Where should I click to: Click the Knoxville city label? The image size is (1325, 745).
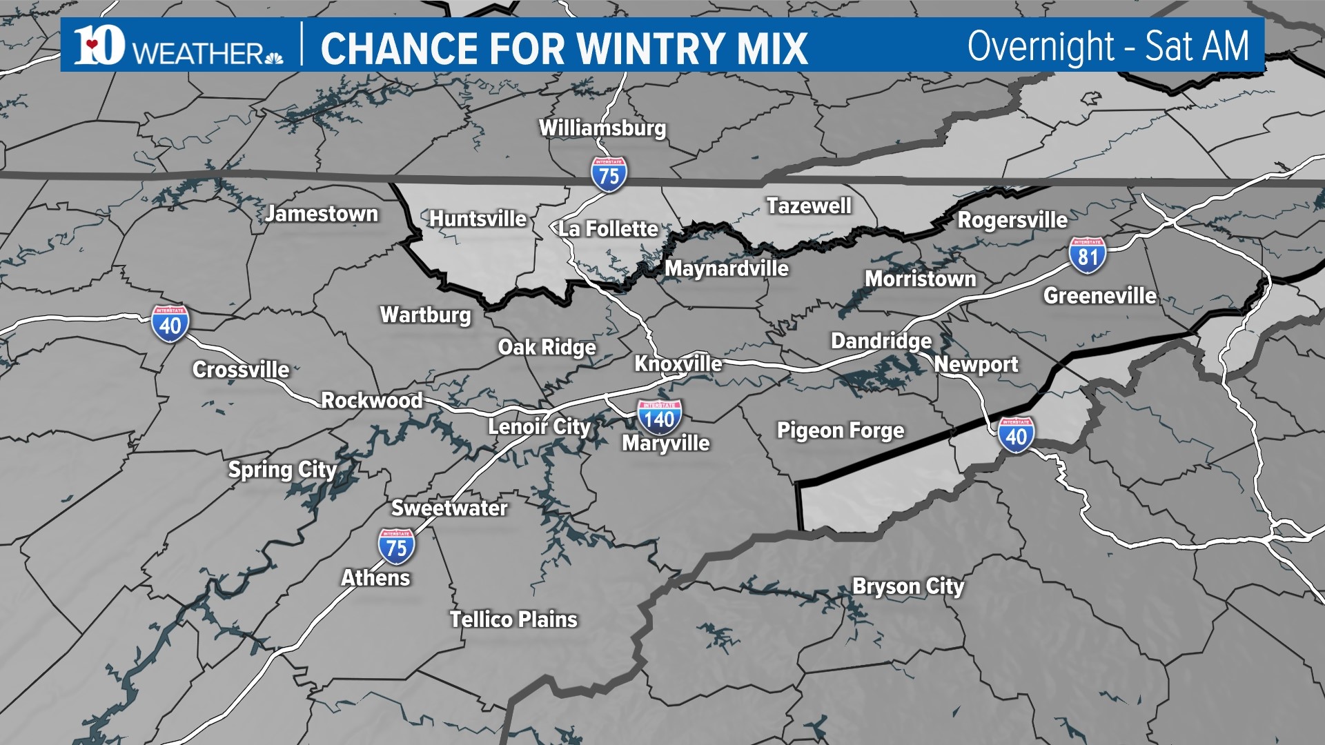coord(678,364)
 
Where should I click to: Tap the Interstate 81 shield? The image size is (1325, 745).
coord(1088,255)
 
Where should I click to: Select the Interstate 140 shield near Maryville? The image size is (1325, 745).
coord(659,417)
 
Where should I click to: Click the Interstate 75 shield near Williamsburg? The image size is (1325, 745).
coord(609,175)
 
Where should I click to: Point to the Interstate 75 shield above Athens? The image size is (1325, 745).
coord(396,546)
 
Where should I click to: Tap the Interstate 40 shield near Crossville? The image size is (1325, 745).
coord(170,324)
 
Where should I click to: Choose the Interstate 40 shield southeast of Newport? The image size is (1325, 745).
coord(1016,435)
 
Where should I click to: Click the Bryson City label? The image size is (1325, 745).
coord(908,586)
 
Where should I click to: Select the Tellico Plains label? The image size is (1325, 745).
coord(513,619)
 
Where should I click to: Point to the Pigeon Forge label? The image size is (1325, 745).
coord(841,431)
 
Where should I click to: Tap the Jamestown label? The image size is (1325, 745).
coord(322,214)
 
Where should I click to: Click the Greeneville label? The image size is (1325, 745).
coord(1100,296)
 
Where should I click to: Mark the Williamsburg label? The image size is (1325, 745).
coord(602,128)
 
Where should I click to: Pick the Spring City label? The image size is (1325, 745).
coord(282,470)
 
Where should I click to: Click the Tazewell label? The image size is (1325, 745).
coord(809,206)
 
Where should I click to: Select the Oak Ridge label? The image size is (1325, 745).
coord(547,348)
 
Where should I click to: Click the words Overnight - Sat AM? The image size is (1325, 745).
coord(1108,46)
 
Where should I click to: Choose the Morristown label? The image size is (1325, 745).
coord(921,279)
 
